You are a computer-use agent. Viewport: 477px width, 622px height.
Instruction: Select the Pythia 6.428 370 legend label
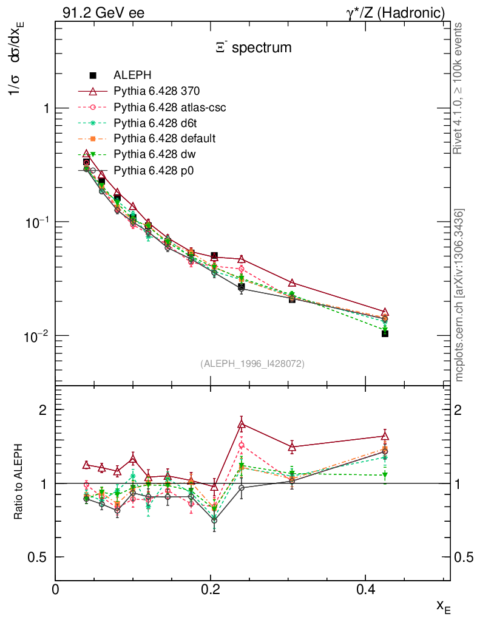coord(157,91)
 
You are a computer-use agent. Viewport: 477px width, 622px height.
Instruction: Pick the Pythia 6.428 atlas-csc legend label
coord(170,107)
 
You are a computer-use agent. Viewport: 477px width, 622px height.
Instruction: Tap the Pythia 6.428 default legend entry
coord(164,138)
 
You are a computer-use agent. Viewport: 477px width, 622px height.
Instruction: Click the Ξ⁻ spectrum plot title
coord(253,47)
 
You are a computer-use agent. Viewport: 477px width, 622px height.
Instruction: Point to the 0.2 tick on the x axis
coord(211,590)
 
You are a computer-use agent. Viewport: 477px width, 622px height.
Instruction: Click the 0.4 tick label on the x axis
coord(365,590)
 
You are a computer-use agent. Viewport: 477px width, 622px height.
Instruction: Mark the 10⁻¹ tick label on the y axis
coord(37,222)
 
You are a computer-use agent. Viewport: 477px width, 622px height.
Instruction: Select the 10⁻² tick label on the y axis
coord(37,335)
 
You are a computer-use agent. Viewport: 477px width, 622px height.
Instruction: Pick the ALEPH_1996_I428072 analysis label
coord(252,364)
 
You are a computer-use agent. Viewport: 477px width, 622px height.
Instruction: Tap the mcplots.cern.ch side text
coord(460,295)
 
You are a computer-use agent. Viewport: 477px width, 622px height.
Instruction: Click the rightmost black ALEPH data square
coord(385,333)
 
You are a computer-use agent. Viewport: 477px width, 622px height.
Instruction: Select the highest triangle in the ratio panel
coord(242,424)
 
